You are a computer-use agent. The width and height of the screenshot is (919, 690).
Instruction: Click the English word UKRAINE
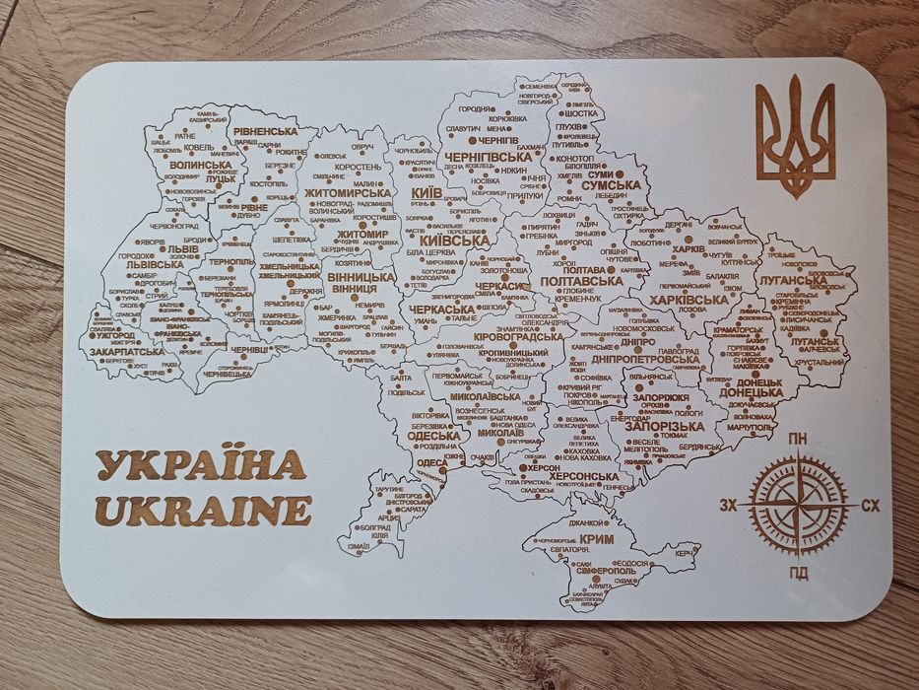204,511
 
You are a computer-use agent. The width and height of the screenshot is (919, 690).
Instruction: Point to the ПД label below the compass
799,573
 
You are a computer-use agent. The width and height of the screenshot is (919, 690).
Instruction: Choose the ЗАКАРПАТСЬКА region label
127,351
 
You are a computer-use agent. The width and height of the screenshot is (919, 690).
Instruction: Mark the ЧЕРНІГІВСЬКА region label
489,157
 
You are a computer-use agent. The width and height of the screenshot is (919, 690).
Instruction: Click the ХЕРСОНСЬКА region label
585,476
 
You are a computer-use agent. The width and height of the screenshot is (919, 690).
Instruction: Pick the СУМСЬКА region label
611,184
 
